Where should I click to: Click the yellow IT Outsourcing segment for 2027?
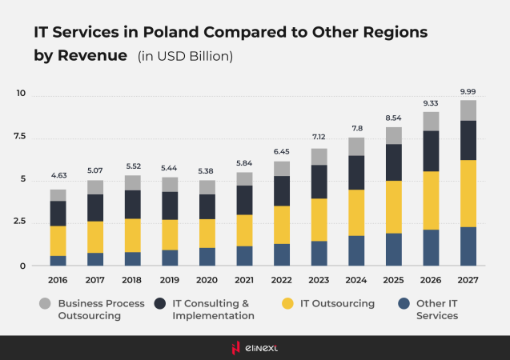[468, 194]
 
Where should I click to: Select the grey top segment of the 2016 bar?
[58, 195]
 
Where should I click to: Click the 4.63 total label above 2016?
[58, 175]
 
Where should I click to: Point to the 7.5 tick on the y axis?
[20, 137]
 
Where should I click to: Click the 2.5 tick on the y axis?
[20, 222]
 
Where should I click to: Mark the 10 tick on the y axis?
[21, 94]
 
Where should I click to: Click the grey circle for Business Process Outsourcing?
[46, 304]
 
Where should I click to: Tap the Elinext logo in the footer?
[255, 346]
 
